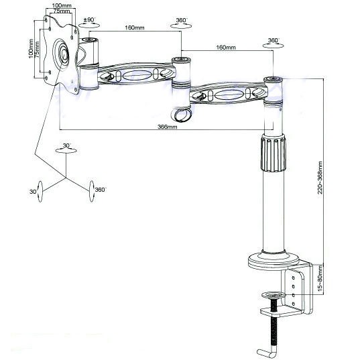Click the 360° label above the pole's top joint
click(x=273, y=40)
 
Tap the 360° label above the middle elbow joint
click(x=180, y=21)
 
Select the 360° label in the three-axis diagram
click(x=100, y=190)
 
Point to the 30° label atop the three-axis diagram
click(x=66, y=145)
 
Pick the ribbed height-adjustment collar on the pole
click(x=273, y=154)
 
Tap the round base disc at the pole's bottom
click(x=273, y=261)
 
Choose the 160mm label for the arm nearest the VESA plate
click(x=134, y=28)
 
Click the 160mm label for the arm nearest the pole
click(x=225, y=48)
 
